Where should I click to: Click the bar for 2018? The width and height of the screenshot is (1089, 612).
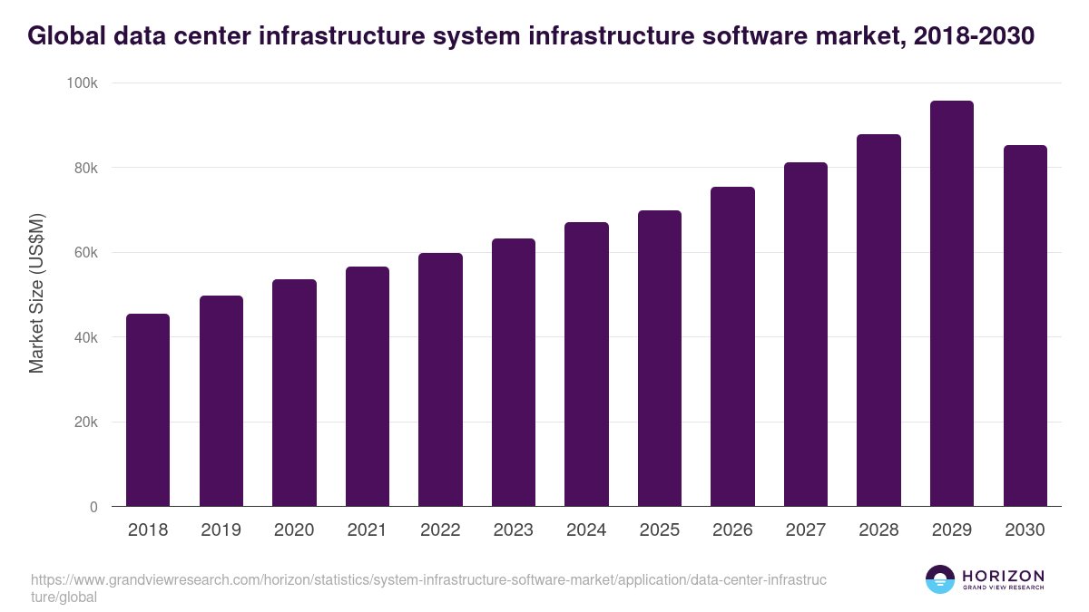148,410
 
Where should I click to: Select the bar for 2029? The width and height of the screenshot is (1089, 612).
952,304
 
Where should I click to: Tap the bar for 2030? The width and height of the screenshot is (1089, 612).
1025,325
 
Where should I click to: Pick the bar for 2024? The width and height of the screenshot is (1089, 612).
586,364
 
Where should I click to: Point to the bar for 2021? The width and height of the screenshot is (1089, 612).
368,386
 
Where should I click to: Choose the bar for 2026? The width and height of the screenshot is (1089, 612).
732,346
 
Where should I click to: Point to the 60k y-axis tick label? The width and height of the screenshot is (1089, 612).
86,253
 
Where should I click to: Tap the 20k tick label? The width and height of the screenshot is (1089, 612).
86,423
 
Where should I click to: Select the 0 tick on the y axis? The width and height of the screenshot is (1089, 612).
94,507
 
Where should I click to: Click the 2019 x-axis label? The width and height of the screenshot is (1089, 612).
221,530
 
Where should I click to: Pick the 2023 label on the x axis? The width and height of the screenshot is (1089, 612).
514,530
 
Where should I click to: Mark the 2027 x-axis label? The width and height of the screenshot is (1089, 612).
806,530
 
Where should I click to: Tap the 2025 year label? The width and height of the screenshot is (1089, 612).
660,530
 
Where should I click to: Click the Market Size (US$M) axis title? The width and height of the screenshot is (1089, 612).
37,294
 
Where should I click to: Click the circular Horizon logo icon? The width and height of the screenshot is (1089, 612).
940,579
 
